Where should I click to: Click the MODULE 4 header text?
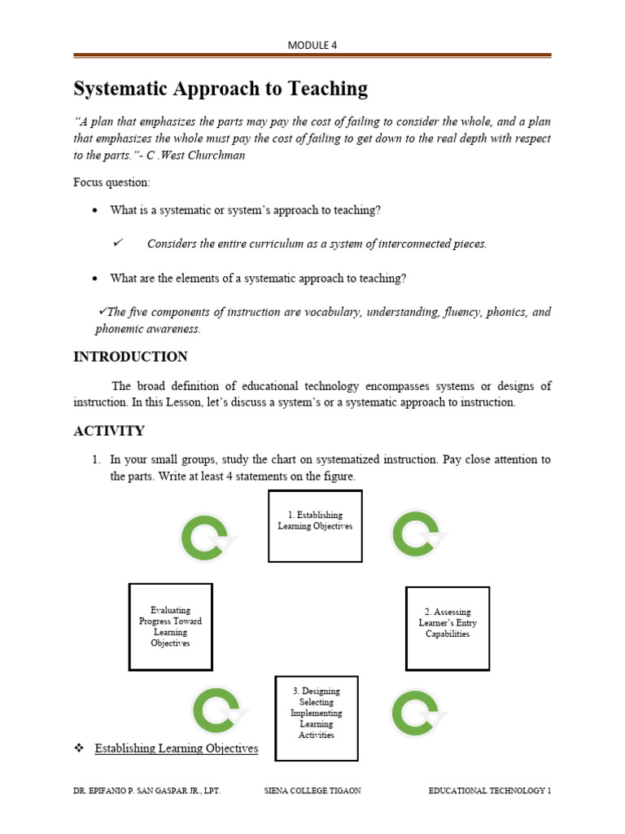[312, 46]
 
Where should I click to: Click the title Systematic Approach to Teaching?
[221, 89]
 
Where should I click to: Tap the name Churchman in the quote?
[215, 156]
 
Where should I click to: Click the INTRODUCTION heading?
[130, 357]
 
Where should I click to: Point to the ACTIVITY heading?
[109, 431]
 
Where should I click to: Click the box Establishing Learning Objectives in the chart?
[315, 526]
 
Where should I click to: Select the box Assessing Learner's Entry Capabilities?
[448, 628]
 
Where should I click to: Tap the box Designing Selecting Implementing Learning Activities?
[316, 718]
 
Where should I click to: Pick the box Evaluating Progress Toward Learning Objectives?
[170, 626]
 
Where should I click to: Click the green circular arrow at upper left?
[207, 539]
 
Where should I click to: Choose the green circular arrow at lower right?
[417, 713]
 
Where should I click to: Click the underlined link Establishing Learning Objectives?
[176, 748]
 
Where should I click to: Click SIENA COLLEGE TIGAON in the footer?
[313, 791]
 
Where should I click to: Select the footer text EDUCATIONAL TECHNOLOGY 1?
[490, 791]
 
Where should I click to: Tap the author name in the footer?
[146, 791]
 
